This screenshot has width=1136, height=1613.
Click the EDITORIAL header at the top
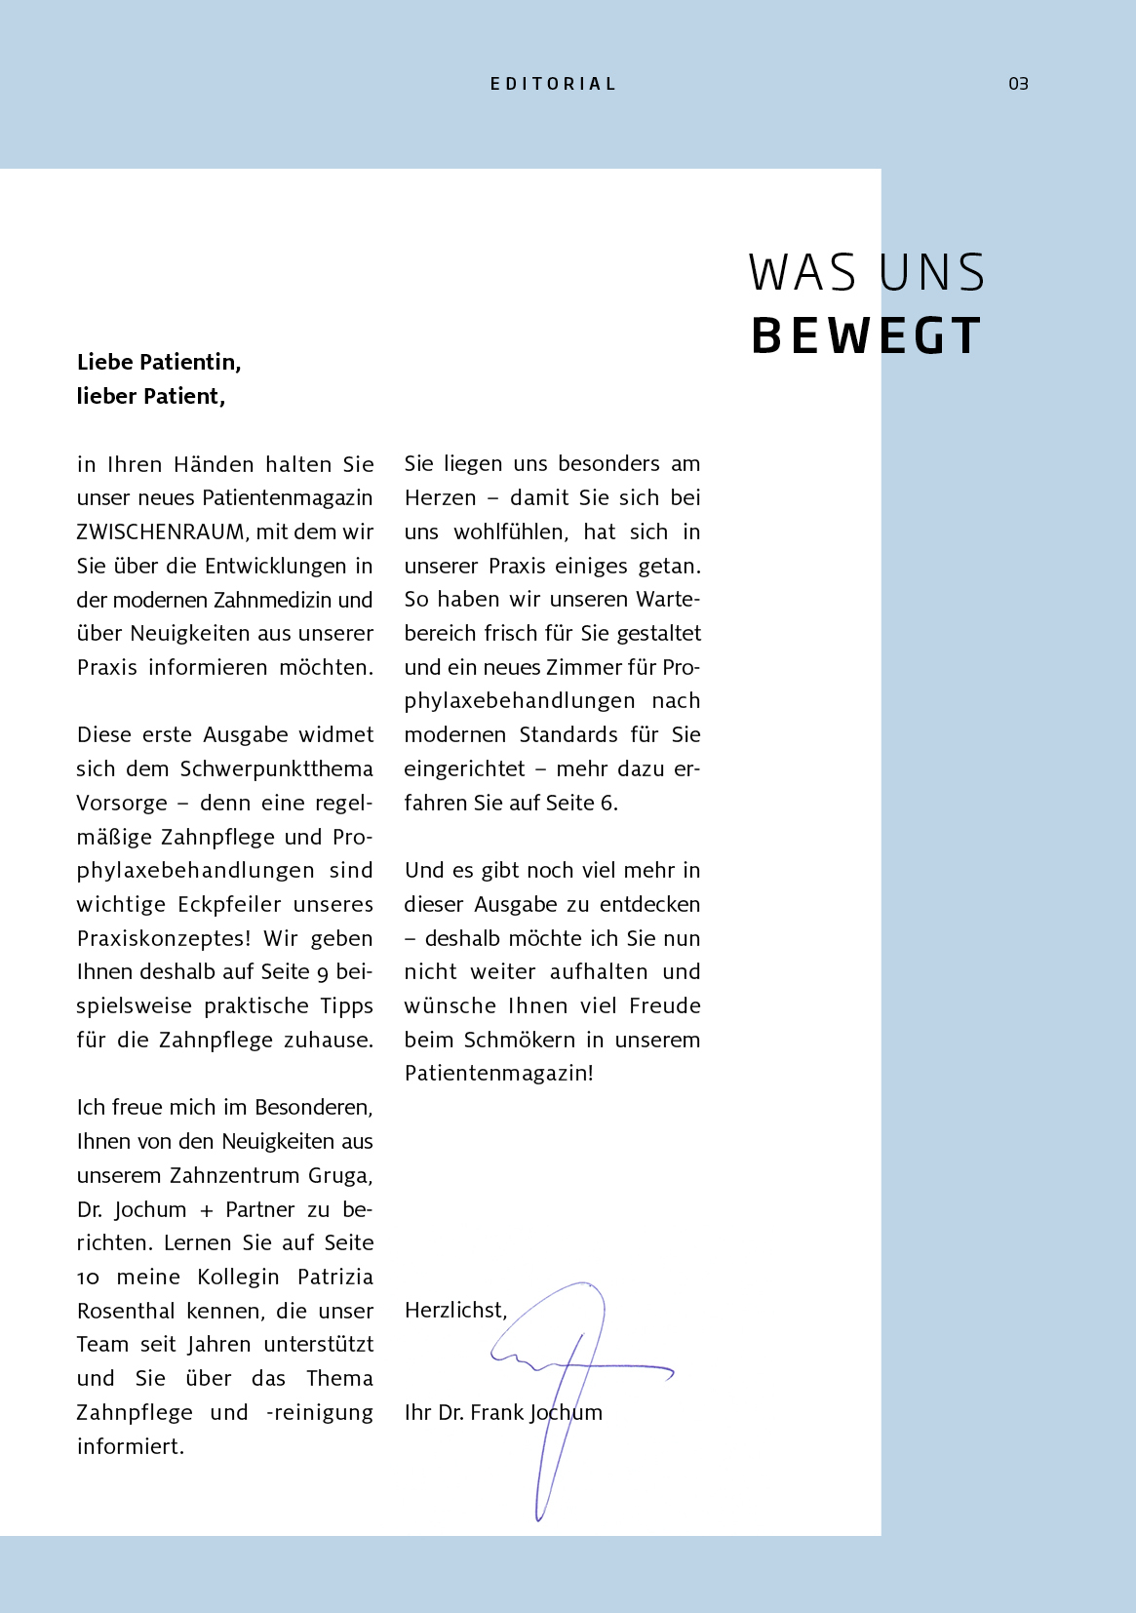[553, 84]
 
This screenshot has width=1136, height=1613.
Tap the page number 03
[1018, 84]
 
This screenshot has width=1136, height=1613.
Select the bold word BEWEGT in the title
[866, 335]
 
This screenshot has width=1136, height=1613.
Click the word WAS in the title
[803, 273]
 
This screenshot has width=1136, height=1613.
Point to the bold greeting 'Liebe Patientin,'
[159, 362]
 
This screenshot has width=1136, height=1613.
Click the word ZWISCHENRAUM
[163, 531]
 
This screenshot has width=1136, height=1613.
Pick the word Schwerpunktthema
[276, 768]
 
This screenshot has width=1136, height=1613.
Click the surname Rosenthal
[126, 1311]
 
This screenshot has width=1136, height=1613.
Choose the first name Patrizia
[334, 1277]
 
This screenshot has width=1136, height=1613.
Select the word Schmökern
[519, 1040]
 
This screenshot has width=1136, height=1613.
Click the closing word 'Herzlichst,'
[455, 1310]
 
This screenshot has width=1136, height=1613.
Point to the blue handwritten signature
[575, 1375]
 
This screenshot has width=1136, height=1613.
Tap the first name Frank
[496, 1412]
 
